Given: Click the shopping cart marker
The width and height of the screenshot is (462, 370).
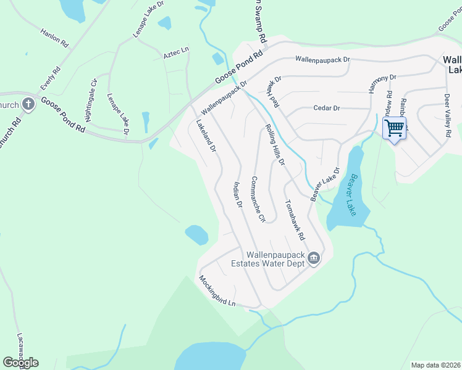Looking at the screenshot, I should tap(394, 128).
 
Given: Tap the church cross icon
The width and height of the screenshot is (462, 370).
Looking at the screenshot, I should tap(28, 104).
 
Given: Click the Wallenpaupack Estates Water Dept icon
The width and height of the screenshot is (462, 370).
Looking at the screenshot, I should tap(314, 258).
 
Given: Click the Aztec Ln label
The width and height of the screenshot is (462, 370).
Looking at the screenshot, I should tap(175, 55).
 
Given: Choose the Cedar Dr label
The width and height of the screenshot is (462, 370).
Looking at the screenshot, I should tap(327, 108).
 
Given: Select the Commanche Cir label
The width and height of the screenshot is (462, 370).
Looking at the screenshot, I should tap(258, 199).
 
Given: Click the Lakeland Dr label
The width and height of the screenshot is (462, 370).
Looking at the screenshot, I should tap(206, 136).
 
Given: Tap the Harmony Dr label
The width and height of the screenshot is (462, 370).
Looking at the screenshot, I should tap(382, 83).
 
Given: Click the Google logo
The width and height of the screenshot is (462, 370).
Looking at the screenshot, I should tap(20, 363).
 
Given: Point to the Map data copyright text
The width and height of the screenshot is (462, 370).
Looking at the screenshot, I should tap(435, 365).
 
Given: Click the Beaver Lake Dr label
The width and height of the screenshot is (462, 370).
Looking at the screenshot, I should tap(325, 184).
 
